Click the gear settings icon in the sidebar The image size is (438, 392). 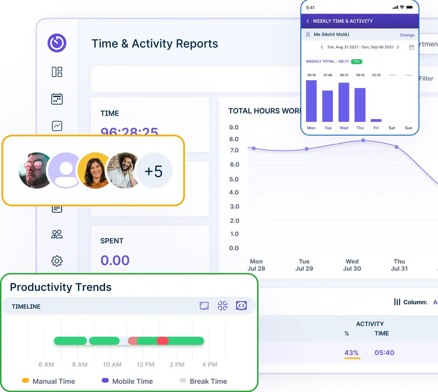pyautogui.click(x=57, y=261)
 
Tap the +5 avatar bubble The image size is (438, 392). pyautogui.click(x=154, y=171)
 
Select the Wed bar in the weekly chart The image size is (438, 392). pyautogui.click(x=344, y=102)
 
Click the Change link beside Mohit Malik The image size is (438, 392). pyautogui.click(x=407, y=35)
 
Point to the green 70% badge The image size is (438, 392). pyautogui.click(x=356, y=62)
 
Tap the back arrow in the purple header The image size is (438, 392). pyautogui.click(x=308, y=21)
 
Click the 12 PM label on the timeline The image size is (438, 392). pyautogui.click(x=146, y=365)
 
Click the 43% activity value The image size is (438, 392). pyautogui.click(x=351, y=353)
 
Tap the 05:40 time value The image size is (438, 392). pyautogui.click(x=384, y=353)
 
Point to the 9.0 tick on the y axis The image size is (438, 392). pyautogui.click(x=234, y=127)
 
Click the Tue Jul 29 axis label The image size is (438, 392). pyautogui.click(x=304, y=265)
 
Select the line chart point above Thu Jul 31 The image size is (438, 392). pyautogui.click(x=397, y=146)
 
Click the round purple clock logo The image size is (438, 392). pyautogui.click(x=57, y=43)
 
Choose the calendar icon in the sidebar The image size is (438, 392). pyautogui.click(x=57, y=99)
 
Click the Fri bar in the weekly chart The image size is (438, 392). pyautogui.click(x=376, y=120)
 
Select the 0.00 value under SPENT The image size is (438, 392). pyautogui.click(x=115, y=261)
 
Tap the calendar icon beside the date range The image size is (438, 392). pyautogui.click(x=412, y=47)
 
